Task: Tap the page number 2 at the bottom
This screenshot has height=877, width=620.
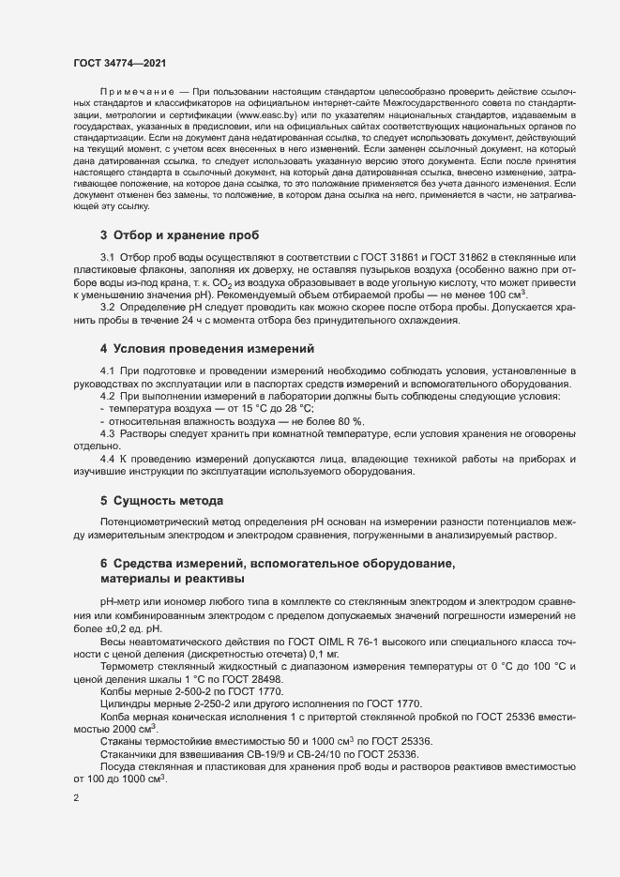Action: (76, 799)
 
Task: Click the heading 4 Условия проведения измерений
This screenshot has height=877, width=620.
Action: (206, 349)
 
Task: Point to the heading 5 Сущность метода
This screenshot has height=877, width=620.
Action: (161, 500)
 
